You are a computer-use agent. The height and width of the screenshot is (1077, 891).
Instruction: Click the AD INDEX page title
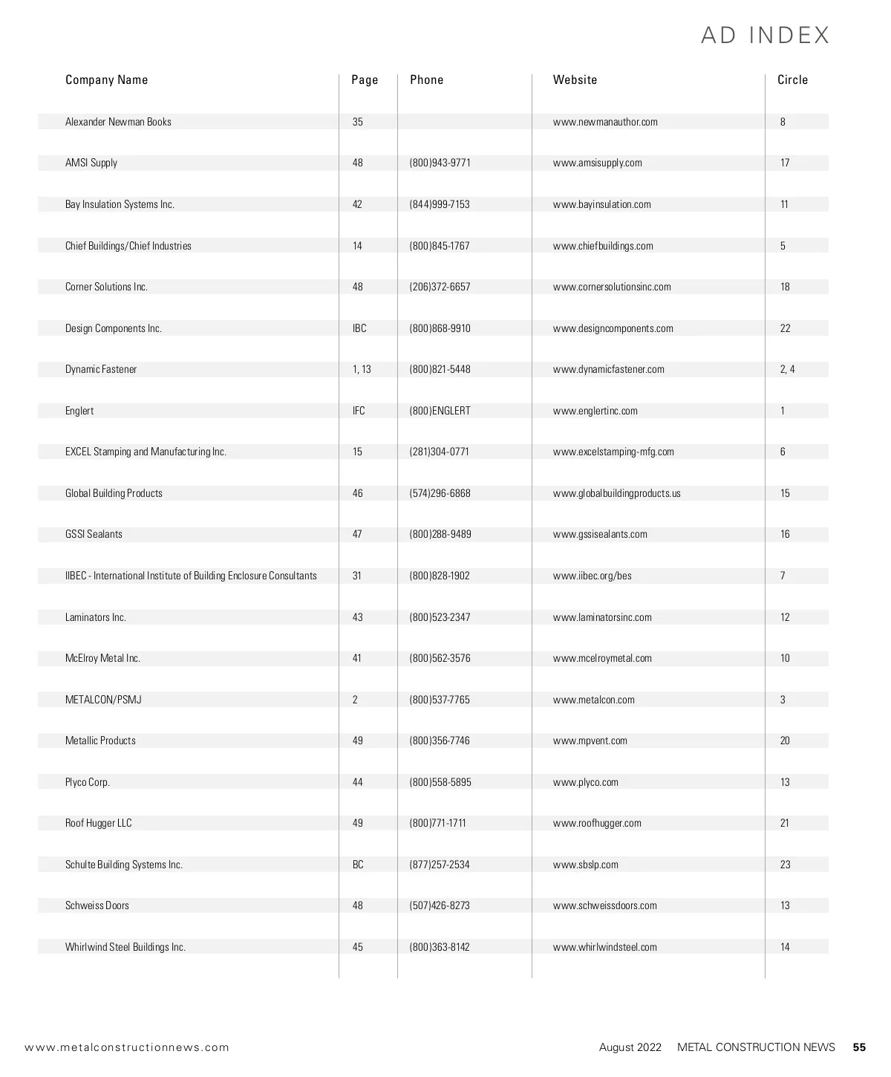(x=765, y=35)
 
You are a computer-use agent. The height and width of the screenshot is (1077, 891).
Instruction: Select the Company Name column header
(x=106, y=79)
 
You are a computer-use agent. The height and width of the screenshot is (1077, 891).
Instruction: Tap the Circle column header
(x=792, y=79)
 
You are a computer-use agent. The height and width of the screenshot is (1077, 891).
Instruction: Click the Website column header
(x=575, y=79)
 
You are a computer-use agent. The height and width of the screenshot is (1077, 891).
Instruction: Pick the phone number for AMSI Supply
(x=440, y=163)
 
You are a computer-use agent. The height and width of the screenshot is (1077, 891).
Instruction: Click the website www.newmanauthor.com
(x=605, y=122)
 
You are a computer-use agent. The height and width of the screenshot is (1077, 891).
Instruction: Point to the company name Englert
(x=79, y=411)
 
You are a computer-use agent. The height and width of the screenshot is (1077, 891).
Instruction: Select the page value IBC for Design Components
(x=359, y=328)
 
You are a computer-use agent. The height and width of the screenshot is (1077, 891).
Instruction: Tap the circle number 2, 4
(x=787, y=369)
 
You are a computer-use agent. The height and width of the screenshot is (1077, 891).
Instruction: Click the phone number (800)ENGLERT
(x=440, y=411)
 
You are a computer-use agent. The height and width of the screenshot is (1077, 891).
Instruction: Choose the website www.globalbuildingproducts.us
(x=616, y=493)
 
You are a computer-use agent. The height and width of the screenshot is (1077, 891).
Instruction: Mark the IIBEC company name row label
(x=191, y=576)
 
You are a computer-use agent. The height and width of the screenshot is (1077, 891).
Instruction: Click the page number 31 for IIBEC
(x=357, y=576)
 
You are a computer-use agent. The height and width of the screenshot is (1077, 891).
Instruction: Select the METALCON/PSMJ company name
(x=103, y=700)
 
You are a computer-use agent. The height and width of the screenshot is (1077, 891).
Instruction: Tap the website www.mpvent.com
(x=590, y=741)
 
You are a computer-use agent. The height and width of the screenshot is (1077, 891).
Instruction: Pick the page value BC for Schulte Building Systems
(x=358, y=865)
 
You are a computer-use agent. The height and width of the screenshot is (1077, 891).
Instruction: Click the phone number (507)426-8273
(x=440, y=905)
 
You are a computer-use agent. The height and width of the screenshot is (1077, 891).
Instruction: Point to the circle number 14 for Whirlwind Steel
(x=785, y=947)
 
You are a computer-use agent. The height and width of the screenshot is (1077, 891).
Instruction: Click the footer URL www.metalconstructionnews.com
(x=127, y=1047)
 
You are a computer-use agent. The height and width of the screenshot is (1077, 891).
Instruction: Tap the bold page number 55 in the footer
(x=859, y=1047)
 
